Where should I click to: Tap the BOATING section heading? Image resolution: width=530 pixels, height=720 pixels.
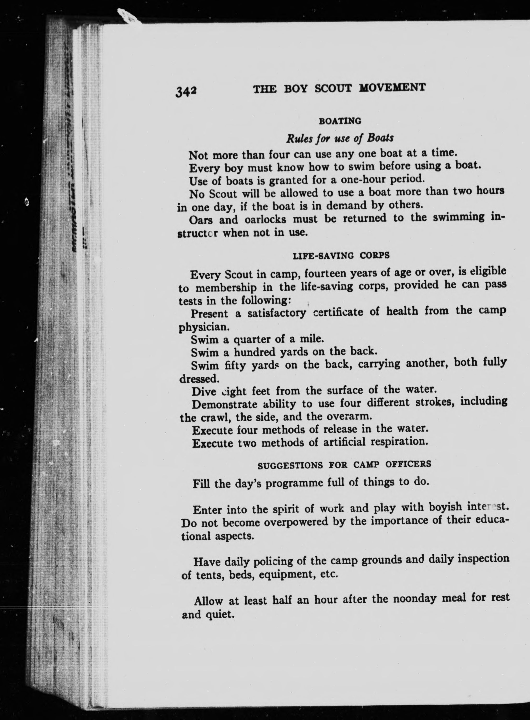click(x=340, y=121)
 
